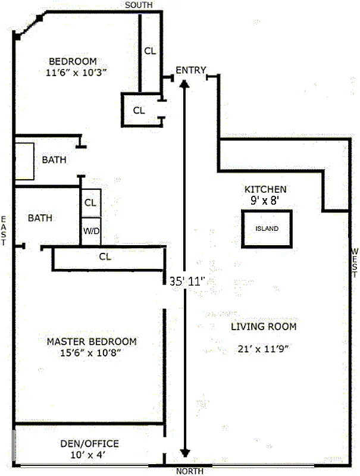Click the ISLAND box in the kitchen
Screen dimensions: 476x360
[x=267, y=228]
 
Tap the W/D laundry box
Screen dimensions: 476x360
[x=90, y=231]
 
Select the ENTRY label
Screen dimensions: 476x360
[x=190, y=70]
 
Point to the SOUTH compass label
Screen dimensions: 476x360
[x=139, y=5]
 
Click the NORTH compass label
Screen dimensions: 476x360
[x=190, y=471]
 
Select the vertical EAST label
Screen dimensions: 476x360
[x=4, y=231]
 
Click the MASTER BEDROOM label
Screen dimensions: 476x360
[x=92, y=342]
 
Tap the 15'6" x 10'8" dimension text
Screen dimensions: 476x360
[x=92, y=353]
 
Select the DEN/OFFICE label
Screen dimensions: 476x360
[x=90, y=444]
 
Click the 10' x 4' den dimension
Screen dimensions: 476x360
[x=90, y=455]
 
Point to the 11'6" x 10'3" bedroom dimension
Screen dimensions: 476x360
[x=80, y=72]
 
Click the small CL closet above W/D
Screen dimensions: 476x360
[x=90, y=202]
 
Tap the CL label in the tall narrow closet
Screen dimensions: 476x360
[x=150, y=51]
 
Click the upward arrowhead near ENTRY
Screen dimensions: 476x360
[x=186, y=84]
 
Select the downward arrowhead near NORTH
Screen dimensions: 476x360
[x=187, y=453]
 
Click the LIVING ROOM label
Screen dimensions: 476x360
[x=264, y=327]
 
